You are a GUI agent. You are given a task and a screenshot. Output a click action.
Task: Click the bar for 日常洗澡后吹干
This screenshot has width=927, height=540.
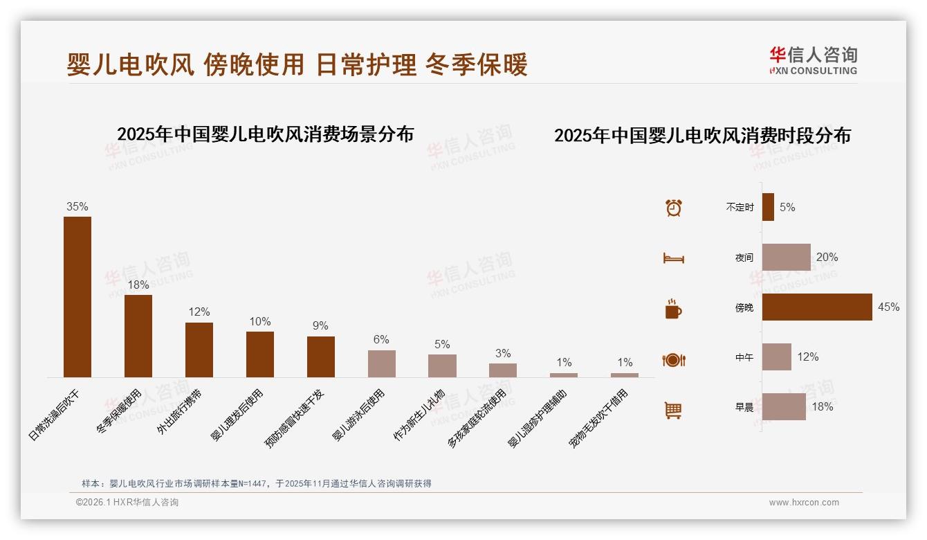pyautogui.click(x=77, y=297)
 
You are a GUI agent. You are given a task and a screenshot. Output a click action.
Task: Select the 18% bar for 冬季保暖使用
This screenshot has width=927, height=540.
pyautogui.click(x=138, y=336)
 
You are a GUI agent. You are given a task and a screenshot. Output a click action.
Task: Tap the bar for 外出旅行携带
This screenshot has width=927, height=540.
pyautogui.click(x=199, y=350)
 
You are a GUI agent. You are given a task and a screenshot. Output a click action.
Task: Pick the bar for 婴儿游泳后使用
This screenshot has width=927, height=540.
pyautogui.click(x=382, y=363)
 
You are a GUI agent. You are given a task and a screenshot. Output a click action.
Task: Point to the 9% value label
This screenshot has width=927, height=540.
pyautogui.click(x=320, y=326)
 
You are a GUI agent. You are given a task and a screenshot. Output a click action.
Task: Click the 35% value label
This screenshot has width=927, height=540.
pyautogui.click(x=77, y=206)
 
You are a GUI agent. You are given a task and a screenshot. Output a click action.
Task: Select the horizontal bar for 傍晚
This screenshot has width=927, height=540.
pyautogui.click(x=817, y=307)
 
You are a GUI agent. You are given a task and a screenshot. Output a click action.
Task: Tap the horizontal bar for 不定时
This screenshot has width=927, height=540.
pyautogui.click(x=768, y=207)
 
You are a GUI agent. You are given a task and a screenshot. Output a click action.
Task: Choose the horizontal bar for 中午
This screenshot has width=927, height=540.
pyautogui.click(x=776, y=357)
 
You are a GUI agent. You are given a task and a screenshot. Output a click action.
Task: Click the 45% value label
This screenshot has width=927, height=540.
pyautogui.click(x=888, y=307)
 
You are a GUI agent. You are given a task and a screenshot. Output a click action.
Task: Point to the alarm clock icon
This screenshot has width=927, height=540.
pyautogui.click(x=674, y=208)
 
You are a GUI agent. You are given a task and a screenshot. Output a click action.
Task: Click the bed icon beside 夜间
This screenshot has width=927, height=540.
pyautogui.click(x=674, y=258)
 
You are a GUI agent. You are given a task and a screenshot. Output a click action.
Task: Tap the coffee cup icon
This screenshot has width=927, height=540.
pyautogui.click(x=674, y=309)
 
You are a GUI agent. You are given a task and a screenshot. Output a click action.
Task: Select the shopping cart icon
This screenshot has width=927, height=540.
pyautogui.click(x=674, y=410)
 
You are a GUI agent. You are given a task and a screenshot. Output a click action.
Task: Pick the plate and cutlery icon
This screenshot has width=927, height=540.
pyautogui.click(x=674, y=360)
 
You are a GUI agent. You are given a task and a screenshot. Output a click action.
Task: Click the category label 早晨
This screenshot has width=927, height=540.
pyautogui.click(x=744, y=408)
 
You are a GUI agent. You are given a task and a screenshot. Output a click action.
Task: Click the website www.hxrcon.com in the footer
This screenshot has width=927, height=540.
pyautogui.click(x=804, y=503)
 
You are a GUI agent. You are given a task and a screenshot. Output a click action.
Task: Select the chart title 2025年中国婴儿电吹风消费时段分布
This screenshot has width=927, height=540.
pyautogui.click(x=702, y=136)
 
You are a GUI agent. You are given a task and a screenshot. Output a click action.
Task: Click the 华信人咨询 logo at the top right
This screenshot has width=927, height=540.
pyautogui.click(x=813, y=60)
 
